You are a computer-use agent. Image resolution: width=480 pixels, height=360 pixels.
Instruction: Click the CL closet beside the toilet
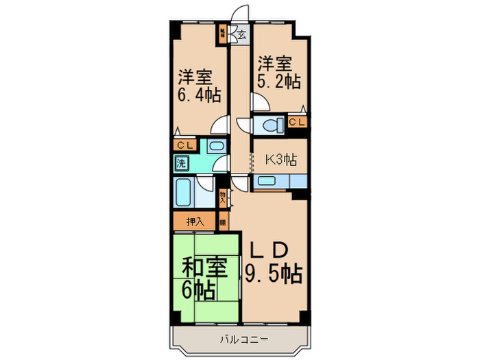pyautogui.click(x=297, y=123)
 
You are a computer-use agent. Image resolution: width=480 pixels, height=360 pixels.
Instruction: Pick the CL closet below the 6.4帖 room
pyautogui.click(x=184, y=145)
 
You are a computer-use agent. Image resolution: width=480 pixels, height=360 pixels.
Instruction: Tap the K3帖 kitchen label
pyautogui.click(x=281, y=160)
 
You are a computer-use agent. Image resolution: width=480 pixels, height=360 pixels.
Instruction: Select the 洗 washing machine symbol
pyautogui.click(x=180, y=163)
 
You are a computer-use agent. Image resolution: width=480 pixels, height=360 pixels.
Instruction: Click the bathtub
pyautogui.click(x=184, y=193)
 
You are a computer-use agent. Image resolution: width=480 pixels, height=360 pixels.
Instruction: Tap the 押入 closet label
pyautogui.click(x=195, y=221)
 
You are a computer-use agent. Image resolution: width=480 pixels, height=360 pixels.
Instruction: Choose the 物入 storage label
pyautogui.click(x=223, y=197)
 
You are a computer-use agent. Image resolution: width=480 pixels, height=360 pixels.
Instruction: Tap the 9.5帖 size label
pyautogui.click(x=274, y=274)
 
